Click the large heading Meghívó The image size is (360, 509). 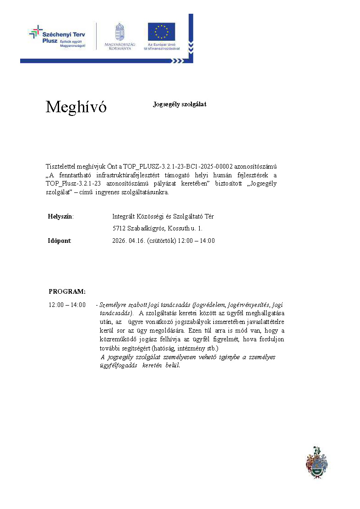76,107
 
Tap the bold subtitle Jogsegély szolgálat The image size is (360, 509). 180,104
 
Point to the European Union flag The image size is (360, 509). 161,32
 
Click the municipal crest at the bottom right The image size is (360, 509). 316,462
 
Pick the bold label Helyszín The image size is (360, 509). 60,217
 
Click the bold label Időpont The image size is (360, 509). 60,241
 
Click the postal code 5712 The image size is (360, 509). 119,229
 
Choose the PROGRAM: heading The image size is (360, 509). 67,291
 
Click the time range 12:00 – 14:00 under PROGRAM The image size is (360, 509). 67,305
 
